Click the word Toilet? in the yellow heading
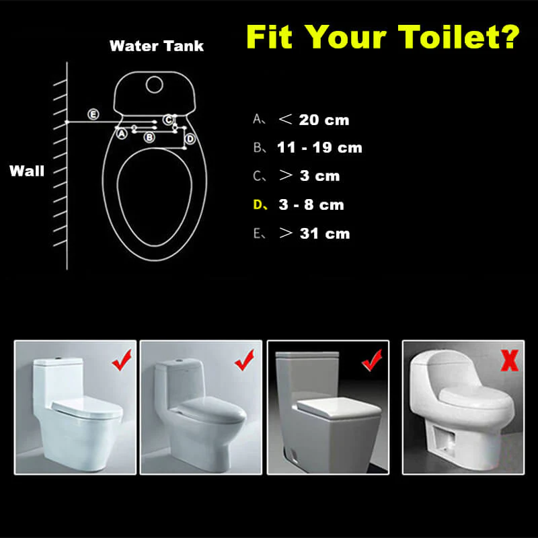coord(459,37)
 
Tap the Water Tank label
coord(157,46)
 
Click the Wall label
coord(27,171)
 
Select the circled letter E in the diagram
coord(93,114)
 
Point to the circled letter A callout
coord(122,133)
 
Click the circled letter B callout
coord(149,137)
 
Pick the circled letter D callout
coord(190,139)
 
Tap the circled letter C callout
coord(168,120)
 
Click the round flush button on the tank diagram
coord(155,85)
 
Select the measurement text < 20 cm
coord(314,120)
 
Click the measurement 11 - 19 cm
coord(319,147)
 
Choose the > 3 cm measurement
coord(309,176)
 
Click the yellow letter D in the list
coord(258,205)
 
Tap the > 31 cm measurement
coord(315,233)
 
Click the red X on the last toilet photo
coord(510,360)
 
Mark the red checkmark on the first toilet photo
coord(122,360)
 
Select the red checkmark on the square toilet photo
coord(372,360)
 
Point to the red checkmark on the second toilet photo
coord(244,360)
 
